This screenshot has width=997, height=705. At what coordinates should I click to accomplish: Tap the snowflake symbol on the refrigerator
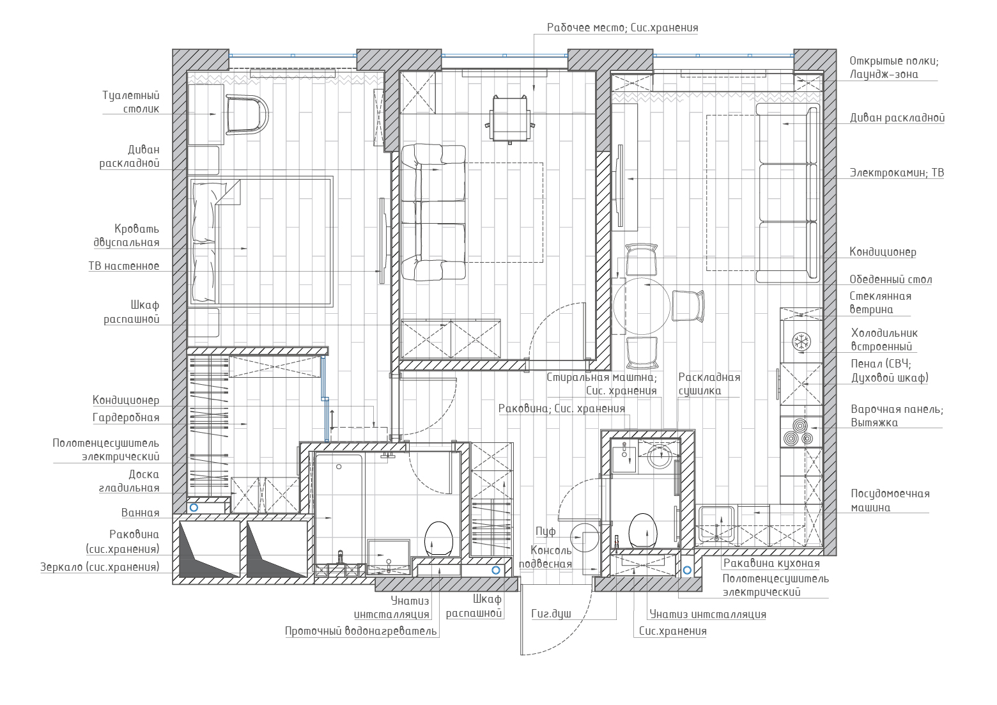point(801,342)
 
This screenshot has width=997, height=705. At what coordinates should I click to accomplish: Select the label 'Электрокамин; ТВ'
point(897,173)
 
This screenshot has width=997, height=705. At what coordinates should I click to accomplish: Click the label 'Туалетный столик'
point(130,102)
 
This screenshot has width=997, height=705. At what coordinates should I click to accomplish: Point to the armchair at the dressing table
point(247,114)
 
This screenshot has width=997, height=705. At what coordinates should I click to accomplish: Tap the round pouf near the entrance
point(584,537)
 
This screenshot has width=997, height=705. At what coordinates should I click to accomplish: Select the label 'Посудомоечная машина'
point(890,500)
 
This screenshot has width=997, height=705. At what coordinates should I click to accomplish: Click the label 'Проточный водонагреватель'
point(361,631)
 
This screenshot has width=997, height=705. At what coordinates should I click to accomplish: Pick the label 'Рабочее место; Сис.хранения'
point(622,27)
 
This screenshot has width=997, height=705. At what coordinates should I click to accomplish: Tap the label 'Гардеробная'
point(126,417)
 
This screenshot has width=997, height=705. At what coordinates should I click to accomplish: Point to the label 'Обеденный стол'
point(891,279)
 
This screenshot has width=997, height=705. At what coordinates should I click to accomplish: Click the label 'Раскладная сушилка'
point(709,383)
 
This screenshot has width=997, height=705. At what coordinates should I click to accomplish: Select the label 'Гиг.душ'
point(551,614)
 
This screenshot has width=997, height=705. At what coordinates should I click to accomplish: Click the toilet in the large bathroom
point(438,539)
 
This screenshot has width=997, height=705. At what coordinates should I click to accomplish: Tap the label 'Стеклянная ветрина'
point(880,303)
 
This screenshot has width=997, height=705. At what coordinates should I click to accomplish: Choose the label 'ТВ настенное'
point(124,266)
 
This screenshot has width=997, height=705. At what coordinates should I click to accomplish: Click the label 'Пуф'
point(545,531)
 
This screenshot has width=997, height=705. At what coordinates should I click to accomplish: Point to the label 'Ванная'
point(140,513)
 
